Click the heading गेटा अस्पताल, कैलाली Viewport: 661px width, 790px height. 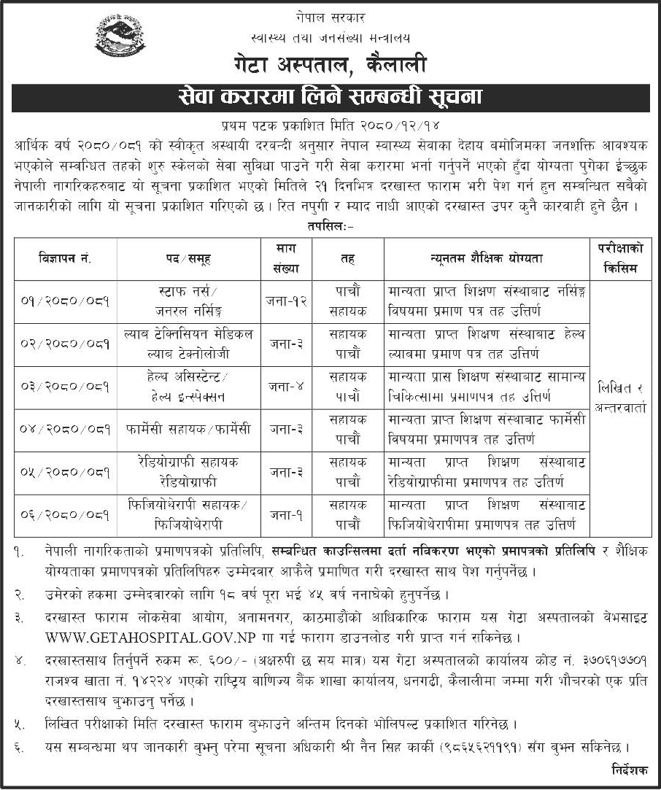click(x=330, y=66)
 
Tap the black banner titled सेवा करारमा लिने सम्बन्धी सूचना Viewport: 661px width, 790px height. click(x=330, y=97)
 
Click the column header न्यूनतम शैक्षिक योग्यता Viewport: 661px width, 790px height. click(x=486, y=258)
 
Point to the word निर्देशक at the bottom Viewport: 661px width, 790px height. click(x=627, y=770)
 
